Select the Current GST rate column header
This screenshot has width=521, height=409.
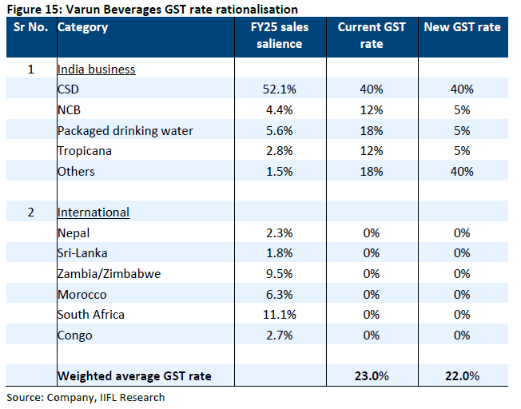point(372,35)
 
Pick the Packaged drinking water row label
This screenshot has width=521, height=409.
point(125,130)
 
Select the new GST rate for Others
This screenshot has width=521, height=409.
point(462,172)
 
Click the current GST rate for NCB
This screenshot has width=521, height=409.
point(372,110)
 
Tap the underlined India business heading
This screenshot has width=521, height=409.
point(96,69)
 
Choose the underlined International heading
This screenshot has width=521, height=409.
point(93,212)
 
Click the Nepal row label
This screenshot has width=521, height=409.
point(74,232)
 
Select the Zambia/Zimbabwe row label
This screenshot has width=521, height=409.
point(109,273)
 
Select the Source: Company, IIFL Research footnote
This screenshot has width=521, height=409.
point(86,397)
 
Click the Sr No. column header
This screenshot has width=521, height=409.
point(30,27)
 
